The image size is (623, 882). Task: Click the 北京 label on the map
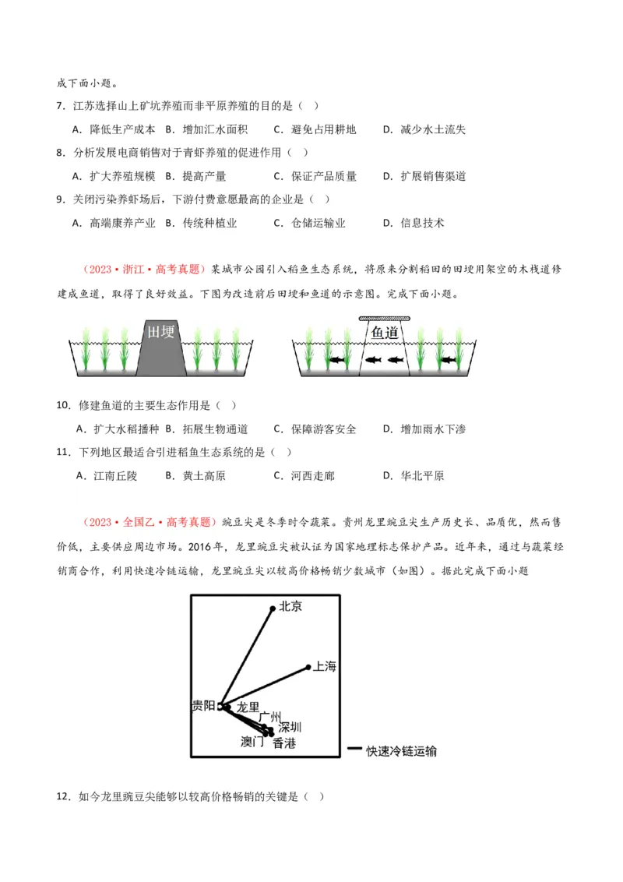(x=290, y=606)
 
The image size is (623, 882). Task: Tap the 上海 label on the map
(x=324, y=666)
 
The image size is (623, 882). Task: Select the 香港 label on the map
(x=284, y=743)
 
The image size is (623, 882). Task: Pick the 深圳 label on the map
(x=290, y=727)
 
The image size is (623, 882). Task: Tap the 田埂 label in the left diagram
(x=161, y=333)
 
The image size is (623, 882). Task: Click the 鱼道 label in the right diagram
(x=385, y=333)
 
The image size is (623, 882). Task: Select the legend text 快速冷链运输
(x=402, y=751)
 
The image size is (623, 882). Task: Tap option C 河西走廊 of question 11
(x=312, y=476)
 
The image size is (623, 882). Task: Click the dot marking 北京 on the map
(x=272, y=608)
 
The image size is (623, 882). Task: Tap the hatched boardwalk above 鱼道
(x=385, y=319)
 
